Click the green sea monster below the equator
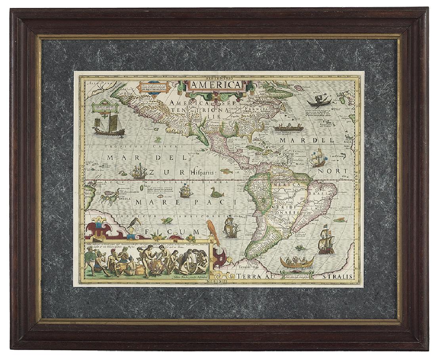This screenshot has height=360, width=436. pos(217,193)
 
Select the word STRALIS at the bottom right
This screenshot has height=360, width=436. pos(338,276)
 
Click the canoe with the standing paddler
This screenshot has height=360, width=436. pos(319,101)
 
